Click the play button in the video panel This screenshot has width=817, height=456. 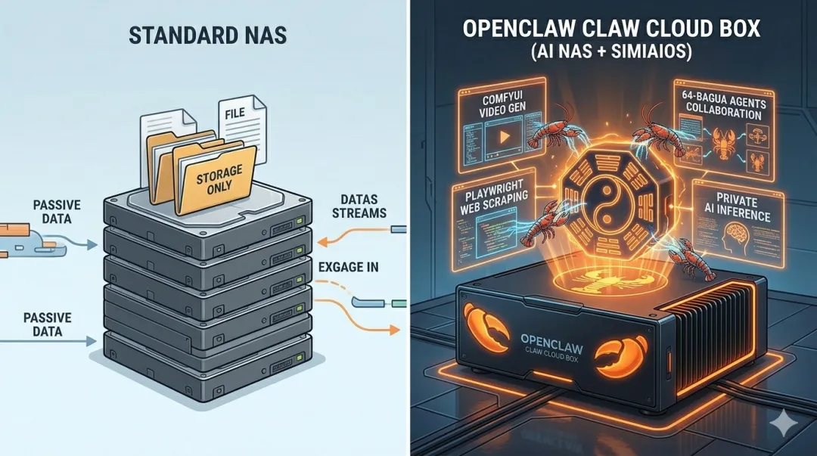click(499, 141)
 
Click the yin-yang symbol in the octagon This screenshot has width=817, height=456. click(611, 202)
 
